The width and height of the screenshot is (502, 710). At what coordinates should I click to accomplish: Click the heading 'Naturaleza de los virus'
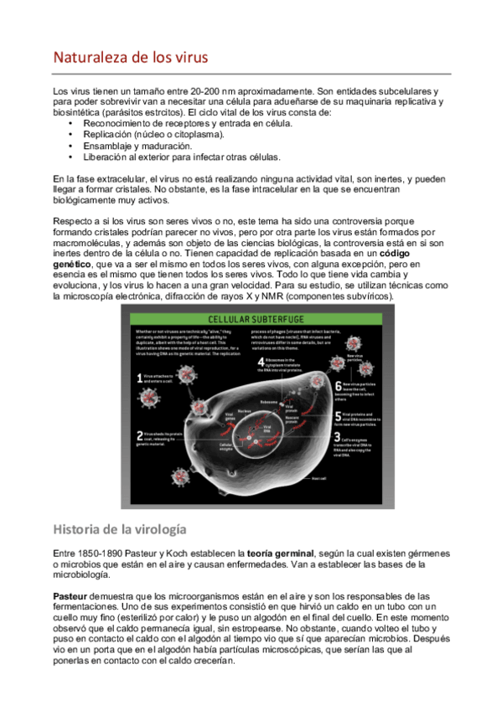[131, 58]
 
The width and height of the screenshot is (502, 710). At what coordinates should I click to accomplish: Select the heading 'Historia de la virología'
[119, 529]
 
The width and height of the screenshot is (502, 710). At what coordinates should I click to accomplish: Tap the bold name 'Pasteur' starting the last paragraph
[70, 595]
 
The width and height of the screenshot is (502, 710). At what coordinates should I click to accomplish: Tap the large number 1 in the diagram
[139, 378]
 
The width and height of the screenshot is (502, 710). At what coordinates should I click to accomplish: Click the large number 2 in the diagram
[139, 435]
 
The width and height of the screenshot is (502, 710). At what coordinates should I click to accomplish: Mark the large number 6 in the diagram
[338, 387]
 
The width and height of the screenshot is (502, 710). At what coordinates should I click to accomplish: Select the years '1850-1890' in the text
[102, 553]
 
